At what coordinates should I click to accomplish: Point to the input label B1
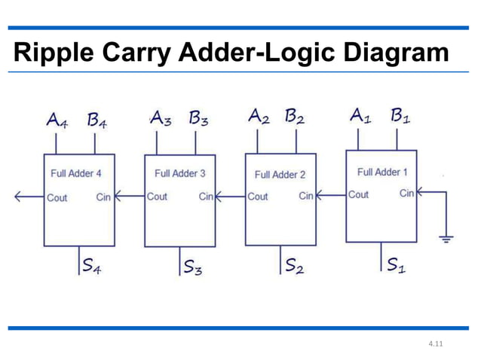coord(400,117)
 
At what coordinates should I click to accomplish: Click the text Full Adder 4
coord(76,173)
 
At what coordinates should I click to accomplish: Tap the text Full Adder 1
coord(382,172)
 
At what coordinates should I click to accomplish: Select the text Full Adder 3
coord(179,173)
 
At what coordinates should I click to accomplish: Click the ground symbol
coord(446,239)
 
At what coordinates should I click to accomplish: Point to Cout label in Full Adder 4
coord(57,198)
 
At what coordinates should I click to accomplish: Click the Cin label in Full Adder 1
coord(406,194)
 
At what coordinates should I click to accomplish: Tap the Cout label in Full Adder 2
coord(258,197)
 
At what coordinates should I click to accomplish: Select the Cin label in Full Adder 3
coord(206,197)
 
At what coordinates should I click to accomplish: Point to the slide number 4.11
coord(434,345)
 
